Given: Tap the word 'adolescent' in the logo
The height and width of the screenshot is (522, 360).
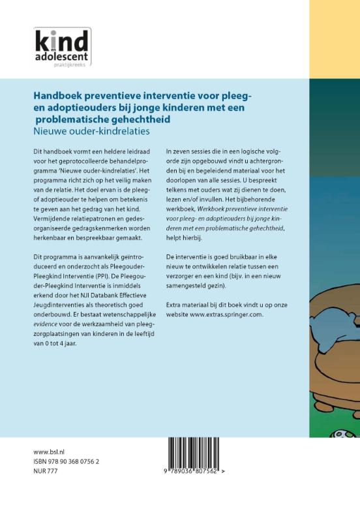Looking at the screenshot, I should point(60,56).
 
